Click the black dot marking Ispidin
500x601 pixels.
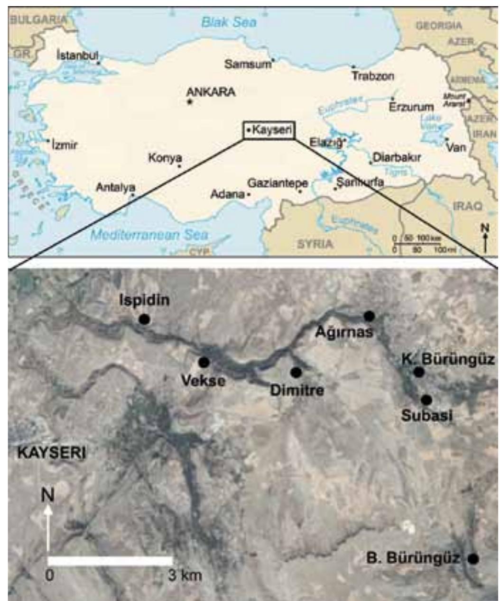145,319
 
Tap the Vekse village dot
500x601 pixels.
204,363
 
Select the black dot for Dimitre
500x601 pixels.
296,373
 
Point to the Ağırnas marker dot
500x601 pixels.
369,316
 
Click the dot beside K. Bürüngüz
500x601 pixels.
418,372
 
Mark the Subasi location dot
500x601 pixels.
426,400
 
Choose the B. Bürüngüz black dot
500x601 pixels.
472,559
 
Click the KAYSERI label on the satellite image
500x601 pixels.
52,453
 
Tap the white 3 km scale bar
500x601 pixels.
110,561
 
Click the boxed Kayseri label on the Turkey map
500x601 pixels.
269,130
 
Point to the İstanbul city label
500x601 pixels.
77,55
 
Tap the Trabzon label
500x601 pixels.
372,76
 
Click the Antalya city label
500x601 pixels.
116,187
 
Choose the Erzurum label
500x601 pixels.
411,108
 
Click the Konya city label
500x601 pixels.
165,158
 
